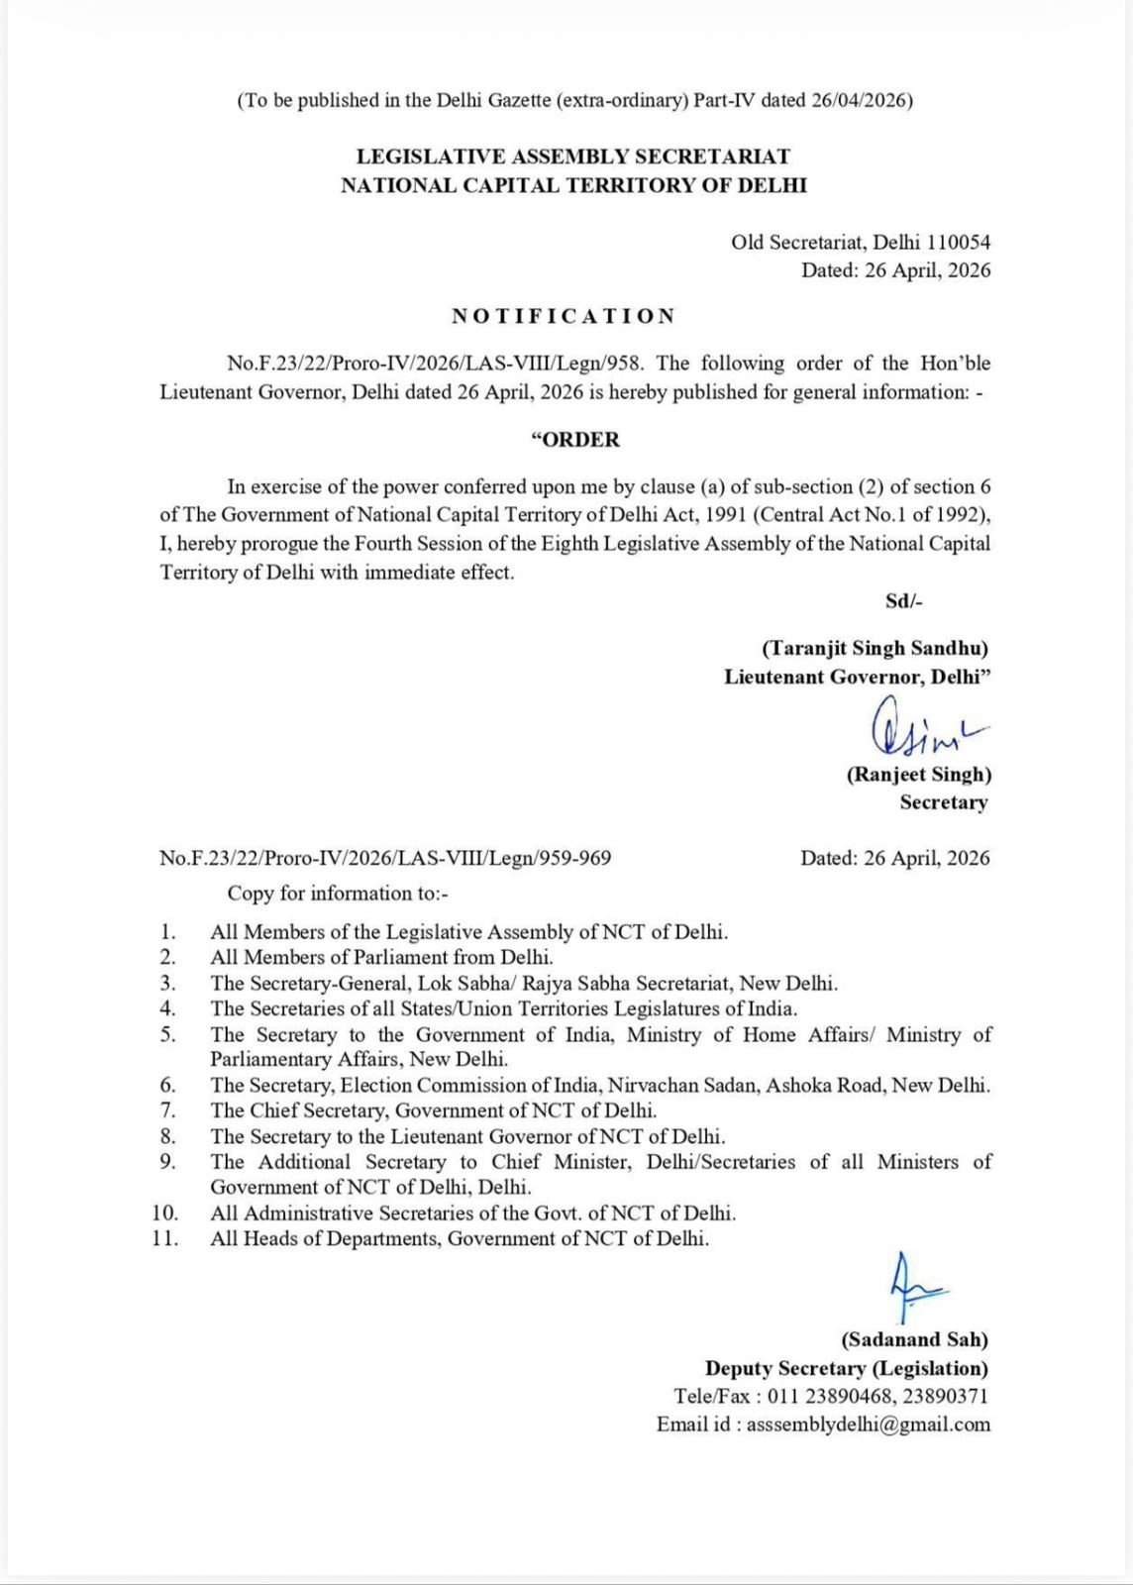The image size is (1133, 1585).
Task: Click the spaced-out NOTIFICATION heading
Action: pos(564,316)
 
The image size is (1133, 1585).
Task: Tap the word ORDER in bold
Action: pos(576,440)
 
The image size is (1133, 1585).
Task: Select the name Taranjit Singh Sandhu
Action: pos(875,648)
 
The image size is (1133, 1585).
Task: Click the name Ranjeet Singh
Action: pos(918,775)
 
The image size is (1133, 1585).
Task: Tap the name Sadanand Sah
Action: pos(914,1340)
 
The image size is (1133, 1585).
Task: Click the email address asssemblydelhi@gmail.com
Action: pos(868,1425)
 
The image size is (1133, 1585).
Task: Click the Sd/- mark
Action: pos(903,600)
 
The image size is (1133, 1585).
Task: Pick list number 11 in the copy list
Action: pos(165,1238)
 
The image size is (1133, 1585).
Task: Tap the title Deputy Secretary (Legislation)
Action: pos(846,1368)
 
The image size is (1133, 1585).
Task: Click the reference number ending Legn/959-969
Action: pos(385,858)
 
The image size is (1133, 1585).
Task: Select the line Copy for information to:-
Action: pos(338,894)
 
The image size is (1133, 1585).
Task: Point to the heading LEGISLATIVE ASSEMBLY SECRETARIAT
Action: pos(573,157)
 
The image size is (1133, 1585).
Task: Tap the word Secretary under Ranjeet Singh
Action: pos(943,802)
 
